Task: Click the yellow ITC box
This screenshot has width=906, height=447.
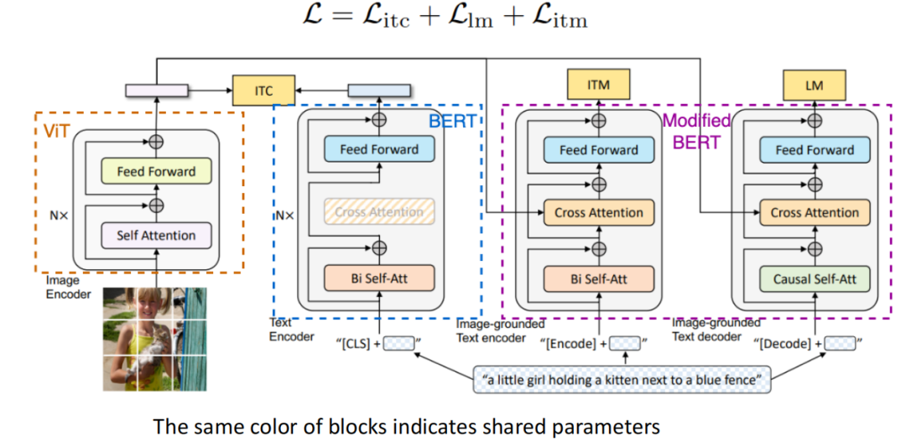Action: pos(263,91)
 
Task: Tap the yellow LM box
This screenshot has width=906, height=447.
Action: pos(814,85)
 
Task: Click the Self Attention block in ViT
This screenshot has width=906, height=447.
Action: pos(156,236)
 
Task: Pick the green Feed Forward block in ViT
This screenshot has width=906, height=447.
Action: pos(156,171)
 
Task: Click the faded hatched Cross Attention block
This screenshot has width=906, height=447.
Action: pos(379,212)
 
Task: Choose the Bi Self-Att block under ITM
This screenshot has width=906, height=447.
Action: pos(599,279)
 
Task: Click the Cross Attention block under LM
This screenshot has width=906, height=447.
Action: pos(815,212)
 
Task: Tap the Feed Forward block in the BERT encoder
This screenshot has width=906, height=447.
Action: pos(379,149)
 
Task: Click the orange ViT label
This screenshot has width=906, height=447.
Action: pos(56,131)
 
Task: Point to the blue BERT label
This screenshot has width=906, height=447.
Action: pos(452,122)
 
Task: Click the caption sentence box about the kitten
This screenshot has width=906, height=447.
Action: pos(622,379)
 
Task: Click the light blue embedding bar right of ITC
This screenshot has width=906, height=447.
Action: pos(379,91)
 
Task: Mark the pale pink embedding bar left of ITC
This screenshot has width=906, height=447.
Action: pos(157,91)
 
